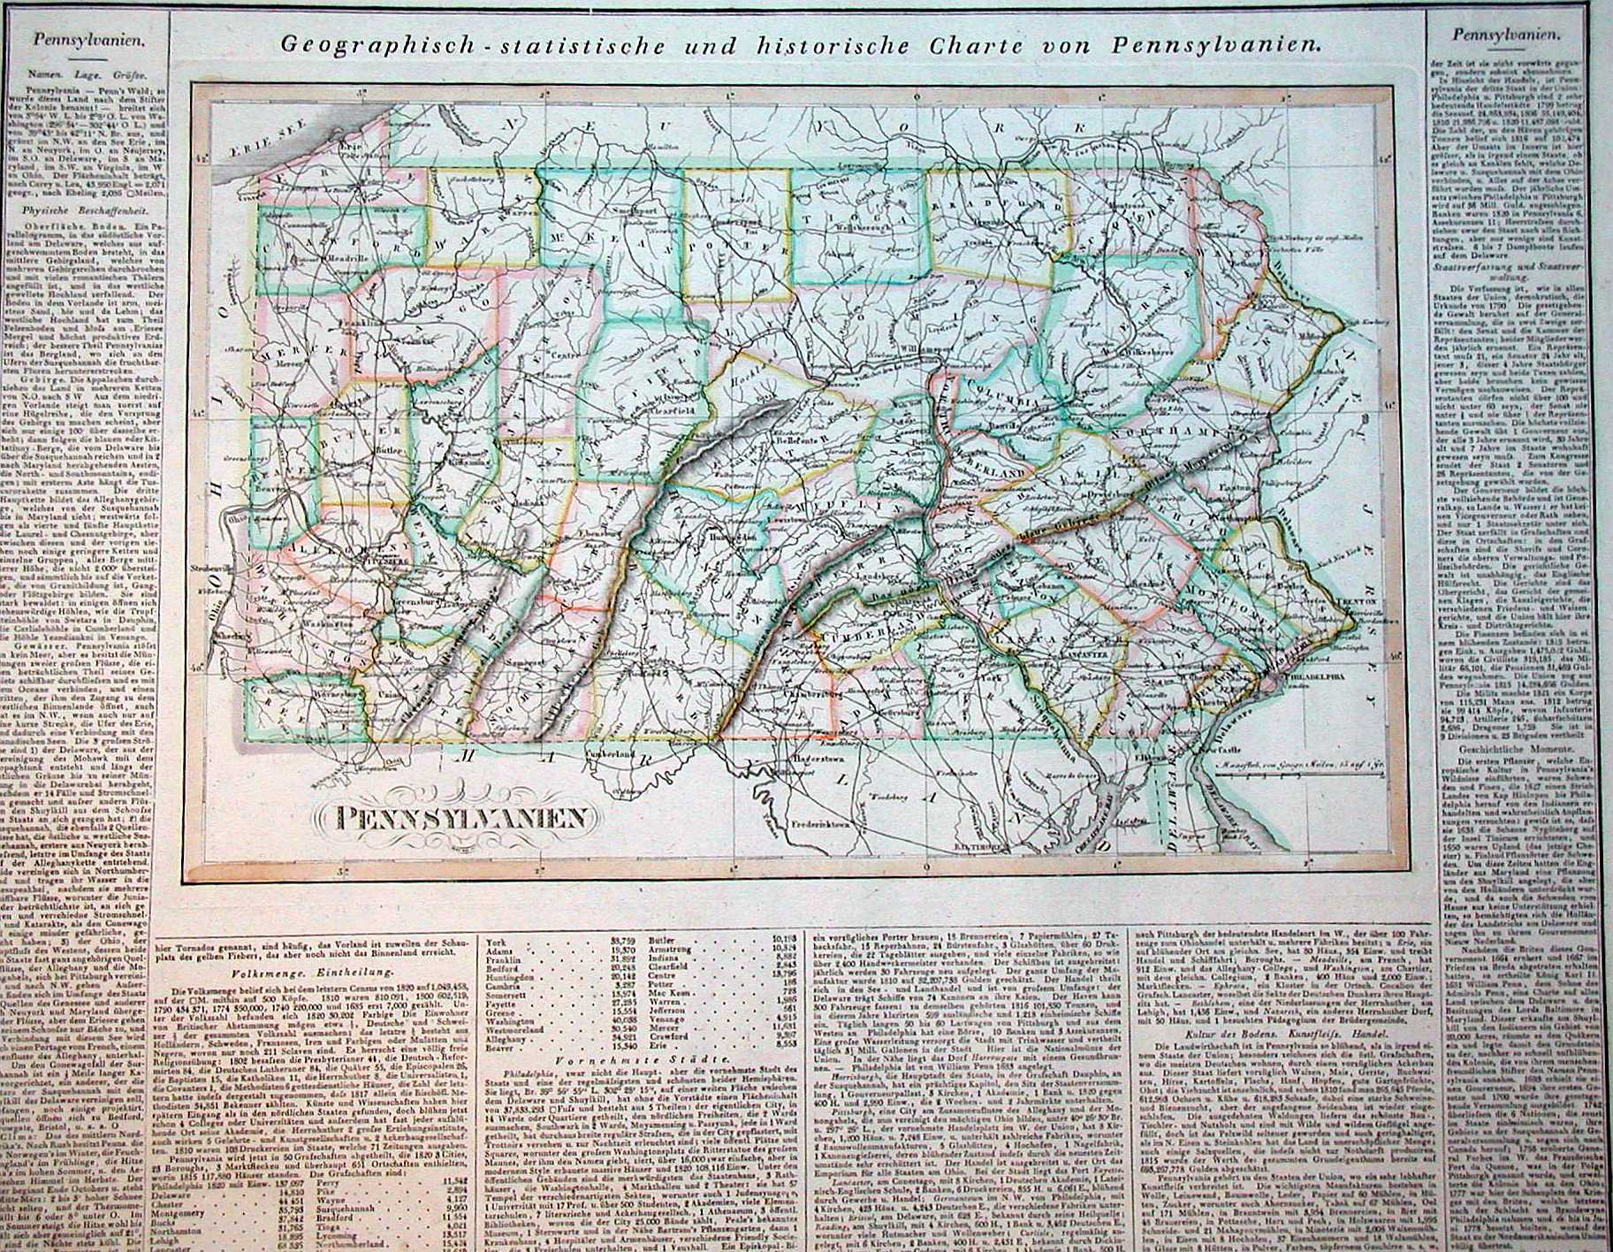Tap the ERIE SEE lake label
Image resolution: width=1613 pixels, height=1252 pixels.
[249, 150]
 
